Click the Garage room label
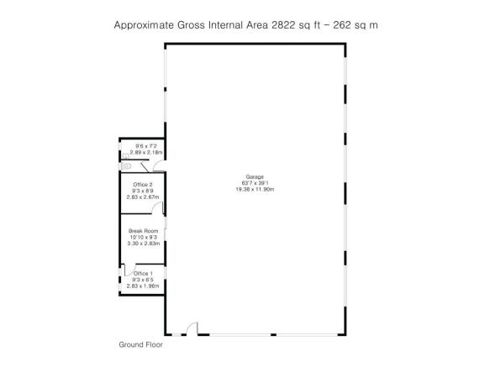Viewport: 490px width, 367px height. click(x=255, y=177)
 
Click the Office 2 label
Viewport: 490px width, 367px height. click(x=143, y=185)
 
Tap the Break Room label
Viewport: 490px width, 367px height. click(x=144, y=231)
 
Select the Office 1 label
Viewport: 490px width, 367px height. click(x=143, y=273)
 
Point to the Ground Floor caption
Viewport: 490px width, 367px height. click(x=140, y=344)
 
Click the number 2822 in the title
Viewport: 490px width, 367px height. click(x=283, y=25)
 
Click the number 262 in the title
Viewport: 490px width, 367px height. click(x=342, y=25)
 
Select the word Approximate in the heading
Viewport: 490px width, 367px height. click(x=144, y=25)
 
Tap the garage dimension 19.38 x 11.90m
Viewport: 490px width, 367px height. click(x=255, y=189)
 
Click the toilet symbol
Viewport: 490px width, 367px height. click(x=125, y=166)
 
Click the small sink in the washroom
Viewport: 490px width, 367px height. click(x=126, y=156)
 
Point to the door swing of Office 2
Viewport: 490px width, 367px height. click(x=158, y=207)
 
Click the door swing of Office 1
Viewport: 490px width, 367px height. click(x=130, y=270)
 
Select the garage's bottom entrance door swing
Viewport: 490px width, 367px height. click(x=192, y=328)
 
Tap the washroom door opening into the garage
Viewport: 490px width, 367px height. click(x=159, y=165)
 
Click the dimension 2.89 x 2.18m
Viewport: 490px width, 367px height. click(x=146, y=152)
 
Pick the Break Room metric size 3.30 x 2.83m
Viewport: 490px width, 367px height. click(x=144, y=244)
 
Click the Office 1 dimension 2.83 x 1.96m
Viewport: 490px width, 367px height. click(x=143, y=286)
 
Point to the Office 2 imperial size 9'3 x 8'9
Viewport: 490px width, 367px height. click(x=143, y=191)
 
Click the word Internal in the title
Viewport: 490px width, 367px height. click(x=226, y=25)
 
